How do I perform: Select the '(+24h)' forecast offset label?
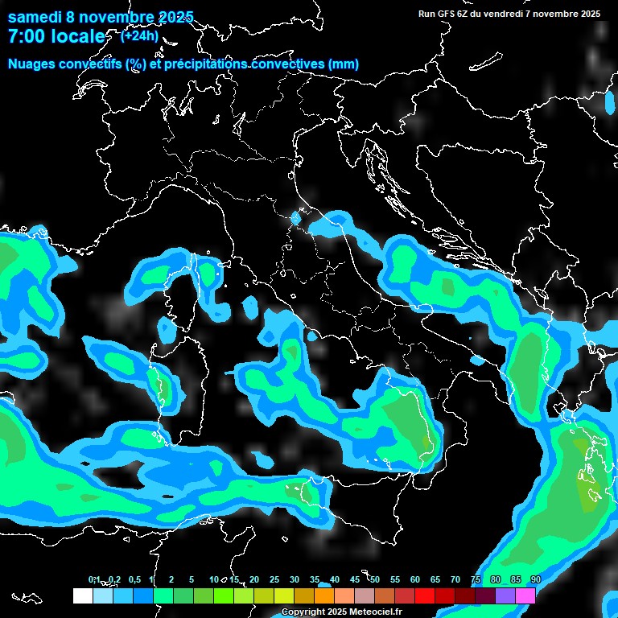139,35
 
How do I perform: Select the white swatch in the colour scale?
82,595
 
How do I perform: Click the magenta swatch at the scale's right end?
525,595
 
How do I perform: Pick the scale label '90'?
535,580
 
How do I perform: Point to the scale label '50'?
375,580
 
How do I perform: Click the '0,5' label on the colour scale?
134,580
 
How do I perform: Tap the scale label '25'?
274,580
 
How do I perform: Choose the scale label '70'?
455,580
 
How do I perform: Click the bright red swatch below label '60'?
425,595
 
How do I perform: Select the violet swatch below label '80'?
505,595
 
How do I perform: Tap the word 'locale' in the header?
77,36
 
